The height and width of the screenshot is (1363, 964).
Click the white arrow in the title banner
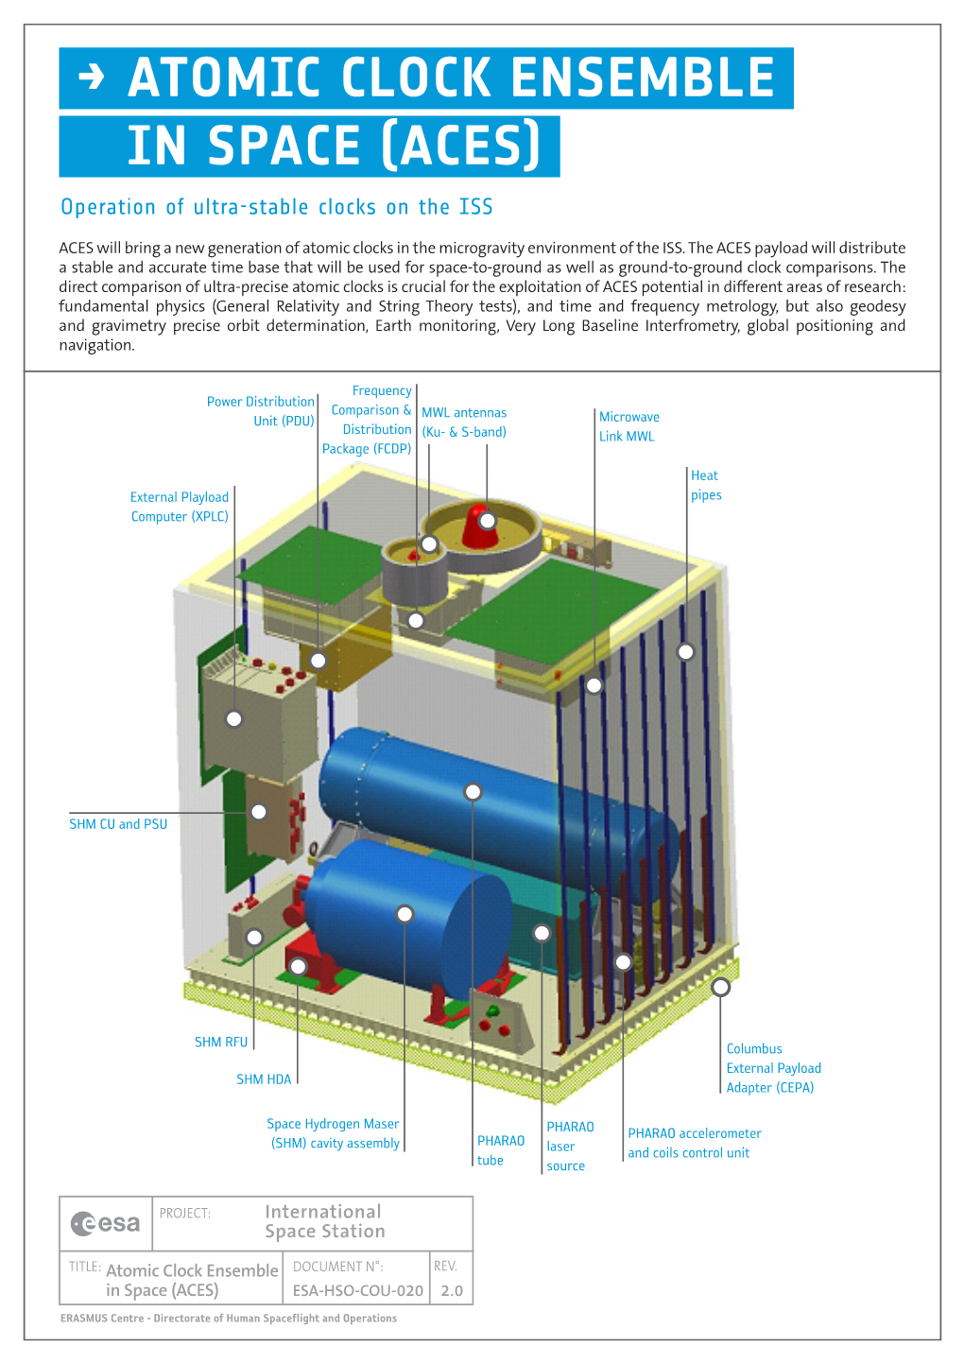click(91, 77)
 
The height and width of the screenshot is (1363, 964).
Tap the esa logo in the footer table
click(106, 1223)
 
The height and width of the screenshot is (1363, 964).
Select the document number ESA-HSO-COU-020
click(357, 1290)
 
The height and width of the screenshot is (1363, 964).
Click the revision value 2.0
click(452, 1290)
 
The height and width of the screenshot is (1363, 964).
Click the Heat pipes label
click(706, 485)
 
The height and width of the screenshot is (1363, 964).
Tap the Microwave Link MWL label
click(628, 426)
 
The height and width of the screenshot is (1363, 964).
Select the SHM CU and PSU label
click(118, 824)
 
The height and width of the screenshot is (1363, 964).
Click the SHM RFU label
click(221, 1042)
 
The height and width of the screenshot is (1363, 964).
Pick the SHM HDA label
click(264, 1078)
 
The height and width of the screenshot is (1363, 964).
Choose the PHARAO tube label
click(500, 1150)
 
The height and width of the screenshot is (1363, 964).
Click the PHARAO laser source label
click(570, 1146)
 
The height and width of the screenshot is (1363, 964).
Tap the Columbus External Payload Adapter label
click(773, 1068)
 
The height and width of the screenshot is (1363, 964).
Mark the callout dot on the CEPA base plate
click(720, 987)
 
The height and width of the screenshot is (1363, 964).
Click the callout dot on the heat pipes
click(685, 651)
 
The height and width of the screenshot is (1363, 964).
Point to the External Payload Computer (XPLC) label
click(180, 507)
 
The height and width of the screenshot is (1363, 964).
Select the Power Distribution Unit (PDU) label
click(261, 411)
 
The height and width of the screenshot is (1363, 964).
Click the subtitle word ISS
click(475, 207)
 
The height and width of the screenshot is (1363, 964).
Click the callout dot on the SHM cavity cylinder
click(405, 914)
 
